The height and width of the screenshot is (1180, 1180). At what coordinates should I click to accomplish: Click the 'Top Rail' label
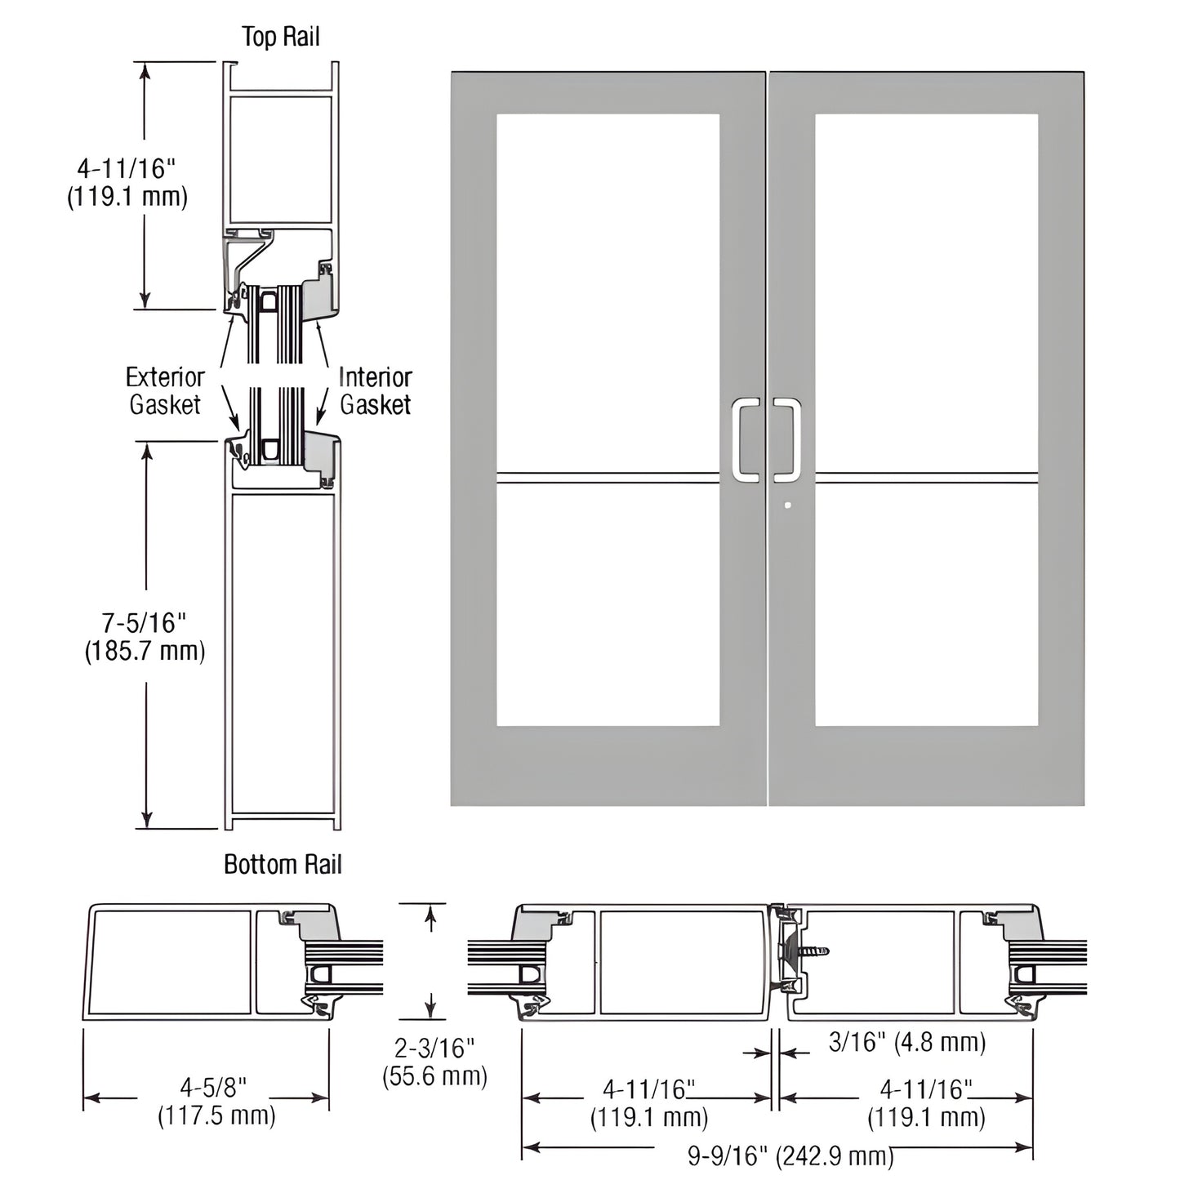(x=280, y=37)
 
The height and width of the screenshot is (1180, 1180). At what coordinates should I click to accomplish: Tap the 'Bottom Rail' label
(x=283, y=865)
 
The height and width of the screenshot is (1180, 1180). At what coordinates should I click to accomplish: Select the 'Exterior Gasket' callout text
(x=165, y=390)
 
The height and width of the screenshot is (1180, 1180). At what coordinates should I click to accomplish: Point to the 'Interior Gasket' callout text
(x=375, y=390)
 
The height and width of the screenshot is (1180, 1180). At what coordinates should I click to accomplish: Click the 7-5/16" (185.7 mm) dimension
(x=145, y=637)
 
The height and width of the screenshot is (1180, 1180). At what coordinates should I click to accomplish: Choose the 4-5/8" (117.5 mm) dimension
(x=216, y=1101)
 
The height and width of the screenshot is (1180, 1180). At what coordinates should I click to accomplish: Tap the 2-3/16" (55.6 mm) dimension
(x=434, y=1062)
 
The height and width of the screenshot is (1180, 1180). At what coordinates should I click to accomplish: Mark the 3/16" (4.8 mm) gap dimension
(x=906, y=1042)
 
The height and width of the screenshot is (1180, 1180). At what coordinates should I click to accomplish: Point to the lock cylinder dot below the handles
(x=787, y=505)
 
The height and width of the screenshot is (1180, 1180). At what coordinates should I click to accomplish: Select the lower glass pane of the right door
(x=926, y=604)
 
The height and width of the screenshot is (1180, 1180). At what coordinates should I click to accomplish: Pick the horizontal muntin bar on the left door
(x=608, y=478)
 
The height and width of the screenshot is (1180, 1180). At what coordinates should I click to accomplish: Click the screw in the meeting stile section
(x=813, y=951)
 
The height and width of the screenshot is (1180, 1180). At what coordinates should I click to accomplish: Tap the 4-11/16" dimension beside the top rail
(x=127, y=182)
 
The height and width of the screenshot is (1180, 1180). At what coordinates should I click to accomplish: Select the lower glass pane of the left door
(x=608, y=604)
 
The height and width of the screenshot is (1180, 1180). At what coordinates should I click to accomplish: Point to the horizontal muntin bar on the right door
(x=926, y=478)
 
